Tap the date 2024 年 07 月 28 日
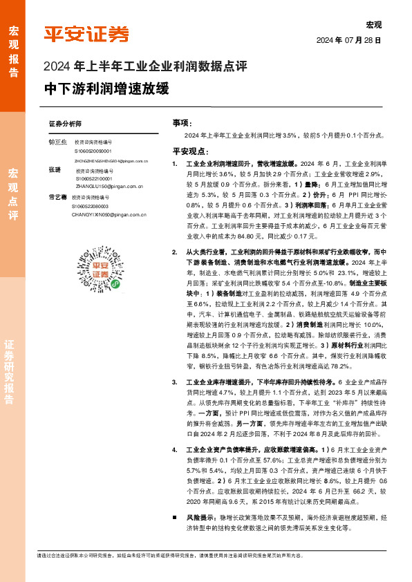pyautogui.click(x=349, y=41)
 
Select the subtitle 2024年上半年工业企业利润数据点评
pyautogui.click(x=145, y=67)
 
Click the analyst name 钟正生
pyautogui.click(x=57, y=141)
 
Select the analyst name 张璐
pyautogui.click(x=55, y=169)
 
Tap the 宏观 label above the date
pyautogui.click(x=373, y=25)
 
